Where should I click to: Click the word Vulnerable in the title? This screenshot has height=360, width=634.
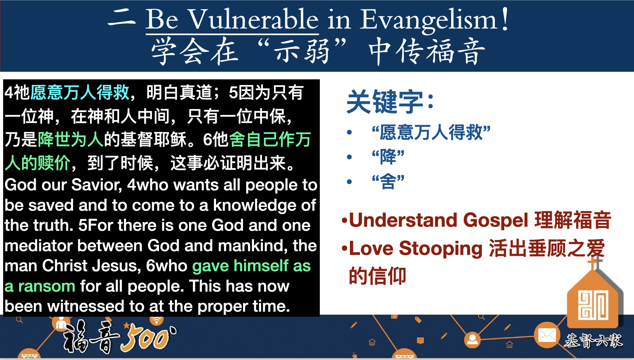coord(254,19)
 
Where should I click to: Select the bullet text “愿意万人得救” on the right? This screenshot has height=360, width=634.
coord(431,132)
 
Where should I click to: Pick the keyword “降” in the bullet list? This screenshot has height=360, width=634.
coord(388,157)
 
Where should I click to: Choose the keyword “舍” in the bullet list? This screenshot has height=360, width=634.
coord(388,181)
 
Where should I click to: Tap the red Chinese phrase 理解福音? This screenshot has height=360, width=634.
coord(573,220)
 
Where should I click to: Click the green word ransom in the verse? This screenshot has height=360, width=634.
coord(47,286)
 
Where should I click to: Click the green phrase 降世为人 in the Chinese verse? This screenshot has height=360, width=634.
coord(71,139)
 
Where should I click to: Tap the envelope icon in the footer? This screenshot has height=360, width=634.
coord(547,335)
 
